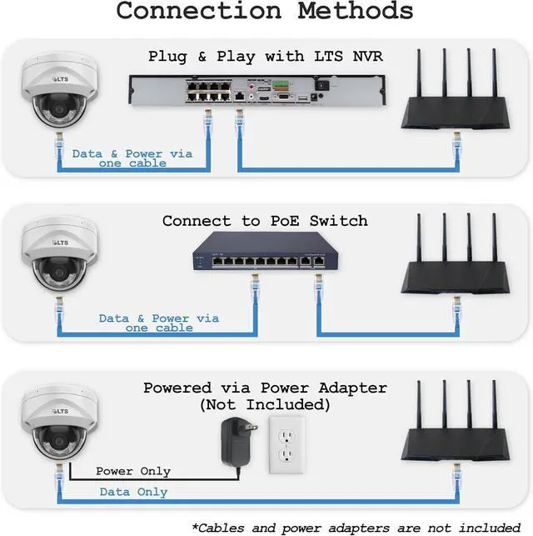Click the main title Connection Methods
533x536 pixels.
coord(265,12)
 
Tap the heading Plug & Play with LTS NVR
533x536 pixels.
coord(265,57)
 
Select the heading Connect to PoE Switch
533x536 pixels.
coord(265,221)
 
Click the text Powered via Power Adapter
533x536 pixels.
coord(265,388)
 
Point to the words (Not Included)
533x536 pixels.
coord(265,405)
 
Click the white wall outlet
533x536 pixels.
coord(285,441)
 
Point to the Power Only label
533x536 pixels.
coord(133,472)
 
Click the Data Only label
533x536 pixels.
coord(133,493)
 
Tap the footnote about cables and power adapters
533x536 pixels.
coord(359,527)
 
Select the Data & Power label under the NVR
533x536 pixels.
coord(132,158)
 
